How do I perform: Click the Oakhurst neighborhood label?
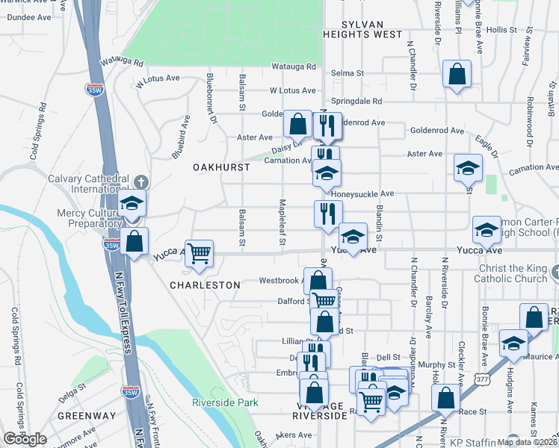pyautogui.click(x=222, y=167)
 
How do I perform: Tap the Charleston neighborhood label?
pyautogui.click(x=205, y=285)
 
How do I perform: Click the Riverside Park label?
pyautogui.click(x=225, y=402)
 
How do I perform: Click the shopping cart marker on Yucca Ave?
pyautogui.click(x=199, y=253)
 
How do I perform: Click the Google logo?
pyautogui.click(x=25, y=440)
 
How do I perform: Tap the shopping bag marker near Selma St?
pyautogui.click(x=456, y=75)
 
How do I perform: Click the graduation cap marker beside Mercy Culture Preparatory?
pyautogui.click(x=132, y=205)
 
